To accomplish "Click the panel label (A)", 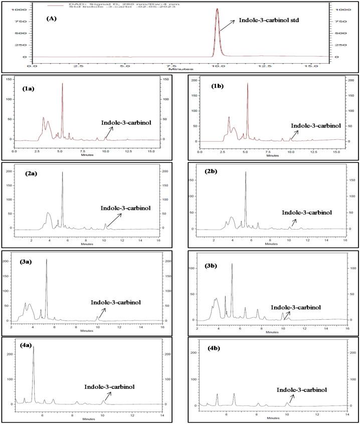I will point(52,20).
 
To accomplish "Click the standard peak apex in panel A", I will point(217,9).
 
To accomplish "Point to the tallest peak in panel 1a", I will point(62,84).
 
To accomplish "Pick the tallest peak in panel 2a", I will point(62,172).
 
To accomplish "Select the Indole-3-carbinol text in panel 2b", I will point(313,212).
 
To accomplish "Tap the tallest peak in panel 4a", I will point(34,346).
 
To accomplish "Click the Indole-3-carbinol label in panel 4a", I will point(109,386).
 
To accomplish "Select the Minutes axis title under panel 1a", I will point(87,155).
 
